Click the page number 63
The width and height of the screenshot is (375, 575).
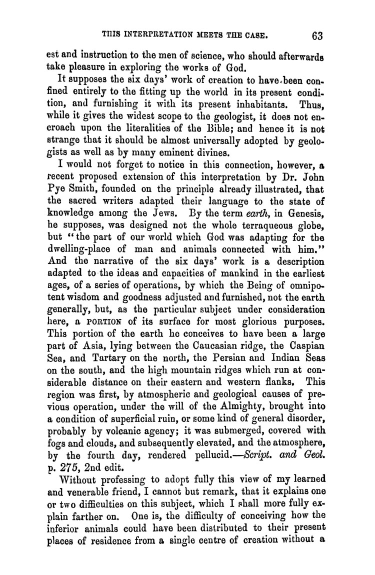coord(318,35)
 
